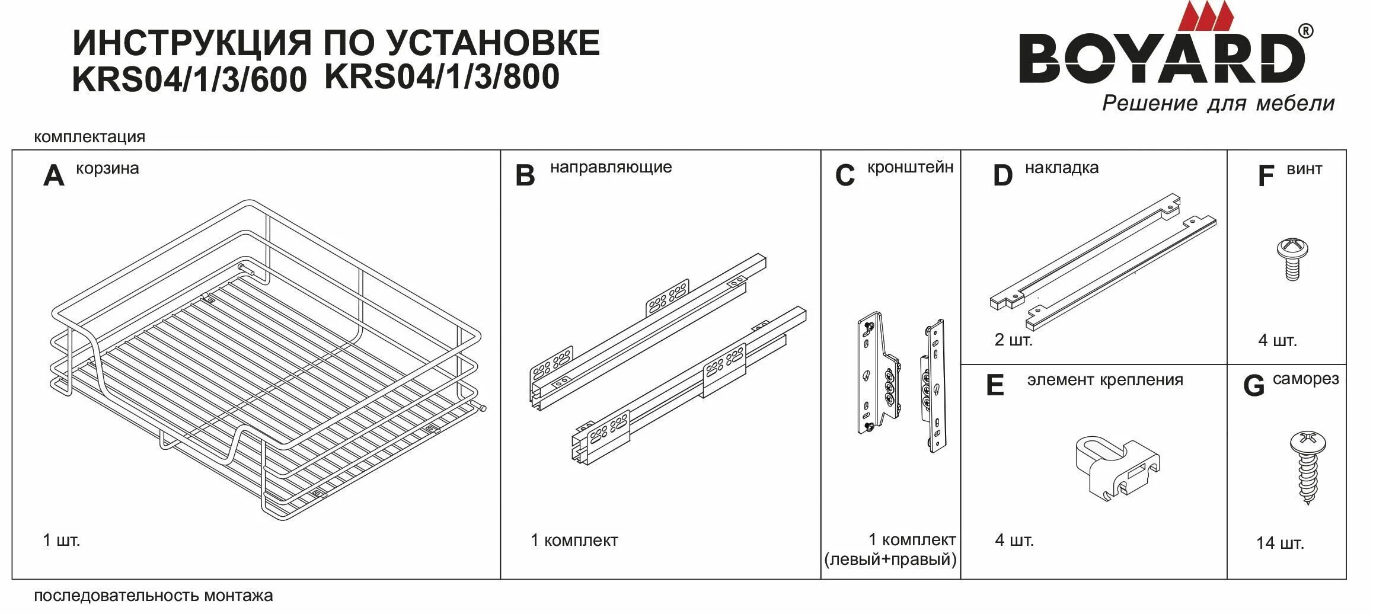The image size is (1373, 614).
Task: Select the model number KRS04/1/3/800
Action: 442,77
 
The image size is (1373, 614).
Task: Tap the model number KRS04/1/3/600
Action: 189,79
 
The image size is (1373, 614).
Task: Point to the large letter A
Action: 53,176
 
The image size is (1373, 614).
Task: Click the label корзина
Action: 107,168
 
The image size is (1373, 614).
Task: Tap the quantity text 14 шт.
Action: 1280,543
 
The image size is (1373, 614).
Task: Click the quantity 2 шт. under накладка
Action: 1013,340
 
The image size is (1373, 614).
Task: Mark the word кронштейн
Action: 910,168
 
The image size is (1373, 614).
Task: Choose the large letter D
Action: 1002,176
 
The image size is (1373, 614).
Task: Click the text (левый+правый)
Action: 890,559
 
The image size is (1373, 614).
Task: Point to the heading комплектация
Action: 90,137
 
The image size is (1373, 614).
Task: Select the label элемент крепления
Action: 1105,380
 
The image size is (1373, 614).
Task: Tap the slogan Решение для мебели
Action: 1218,103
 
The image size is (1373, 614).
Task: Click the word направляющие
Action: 611,167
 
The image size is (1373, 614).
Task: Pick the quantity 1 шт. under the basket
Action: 61,541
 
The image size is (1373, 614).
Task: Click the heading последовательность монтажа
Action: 153,596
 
